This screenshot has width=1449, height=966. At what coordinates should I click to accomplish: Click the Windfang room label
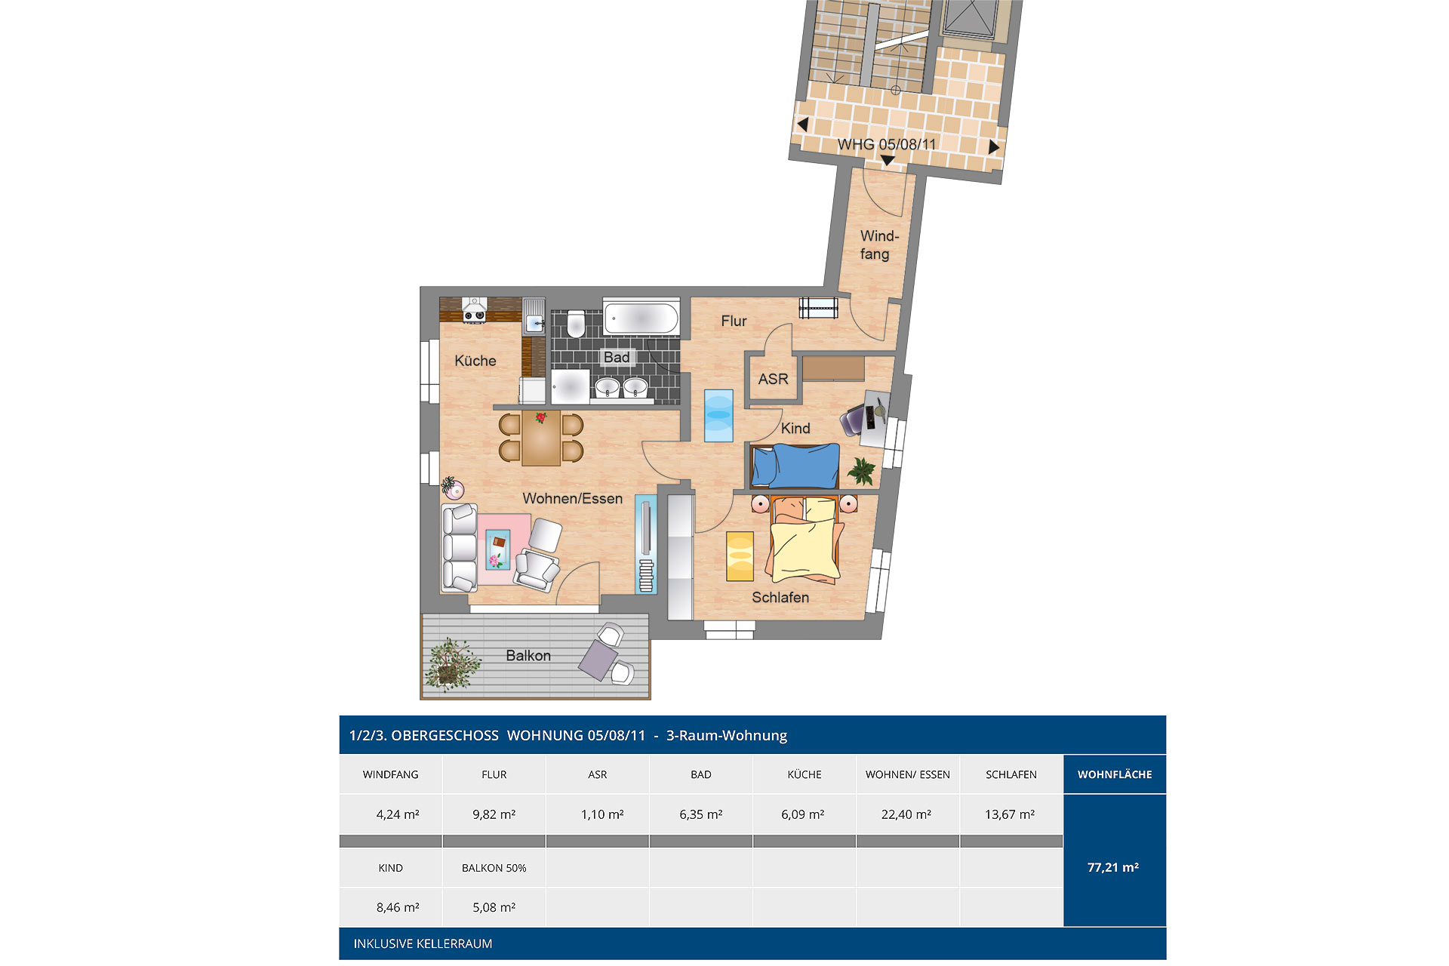click(878, 245)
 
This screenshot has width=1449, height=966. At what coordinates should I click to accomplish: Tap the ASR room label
click(773, 379)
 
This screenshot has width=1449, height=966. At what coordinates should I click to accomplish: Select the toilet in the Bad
click(576, 323)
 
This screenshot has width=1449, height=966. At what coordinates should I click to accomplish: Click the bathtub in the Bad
click(641, 316)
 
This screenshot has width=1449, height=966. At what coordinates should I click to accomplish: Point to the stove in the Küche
click(475, 309)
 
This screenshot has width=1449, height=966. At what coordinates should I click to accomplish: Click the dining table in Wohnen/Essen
click(541, 438)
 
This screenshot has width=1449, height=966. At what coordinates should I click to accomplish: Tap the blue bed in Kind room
click(795, 466)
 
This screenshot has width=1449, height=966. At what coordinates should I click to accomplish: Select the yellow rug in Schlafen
click(740, 556)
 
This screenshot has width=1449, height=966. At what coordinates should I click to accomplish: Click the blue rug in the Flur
click(718, 415)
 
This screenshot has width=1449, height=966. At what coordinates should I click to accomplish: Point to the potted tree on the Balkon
click(451, 665)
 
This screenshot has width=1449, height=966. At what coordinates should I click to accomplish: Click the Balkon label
click(528, 656)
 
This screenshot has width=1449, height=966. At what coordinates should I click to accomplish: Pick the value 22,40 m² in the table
click(906, 814)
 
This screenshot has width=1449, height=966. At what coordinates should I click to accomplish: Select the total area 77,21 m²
click(1113, 868)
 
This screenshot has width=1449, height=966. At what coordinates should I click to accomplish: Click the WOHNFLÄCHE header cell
click(1115, 774)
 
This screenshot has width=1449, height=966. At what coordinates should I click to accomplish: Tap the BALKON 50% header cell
click(494, 868)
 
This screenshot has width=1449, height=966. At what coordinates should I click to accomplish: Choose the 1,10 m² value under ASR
click(602, 814)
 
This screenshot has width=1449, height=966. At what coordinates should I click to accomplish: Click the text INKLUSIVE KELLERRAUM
click(423, 943)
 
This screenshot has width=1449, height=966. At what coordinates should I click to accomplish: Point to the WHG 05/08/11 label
click(887, 144)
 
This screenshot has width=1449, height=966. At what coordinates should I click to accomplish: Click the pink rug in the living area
click(503, 542)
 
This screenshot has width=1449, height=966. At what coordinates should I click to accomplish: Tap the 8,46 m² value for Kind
click(398, 907)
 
